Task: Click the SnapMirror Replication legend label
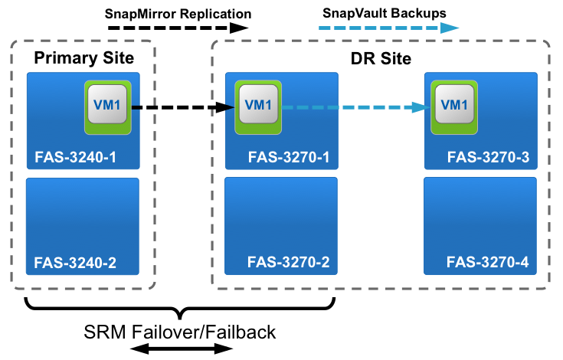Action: pos(178,13)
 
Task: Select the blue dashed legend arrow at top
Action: pos(388,28)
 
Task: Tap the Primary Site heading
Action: pos(83,57)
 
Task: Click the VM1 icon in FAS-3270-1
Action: pos(257,106)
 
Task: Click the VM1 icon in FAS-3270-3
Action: pos(453,106)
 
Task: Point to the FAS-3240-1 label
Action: pos(76,158)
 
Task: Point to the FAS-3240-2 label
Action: pos(76,263)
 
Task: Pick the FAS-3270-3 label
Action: pos(488,158)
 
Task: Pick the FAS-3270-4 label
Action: pos(488,263)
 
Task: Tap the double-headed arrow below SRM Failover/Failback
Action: pos(180,349)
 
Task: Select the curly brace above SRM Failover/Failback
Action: pos(180,309)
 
